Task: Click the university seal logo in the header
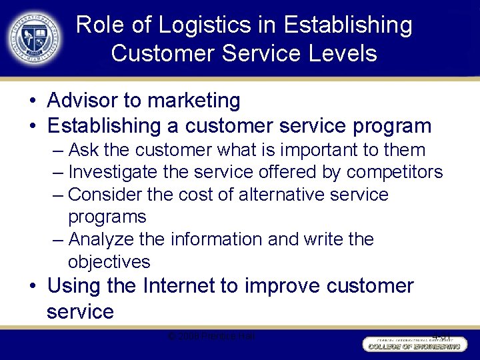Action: [x=35, y=39]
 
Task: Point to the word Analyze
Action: [x=102, y=239]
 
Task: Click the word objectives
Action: [x=109, y=261]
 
